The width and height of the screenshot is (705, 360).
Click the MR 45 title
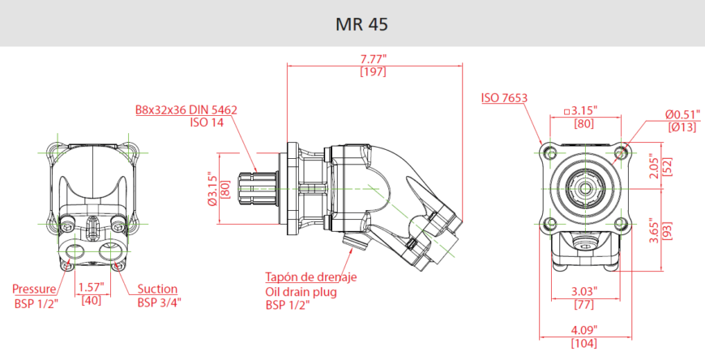(x=361, y=24)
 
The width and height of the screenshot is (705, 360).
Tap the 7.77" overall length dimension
(x=374, y=59)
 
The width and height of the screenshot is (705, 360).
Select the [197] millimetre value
(x=374, y=71)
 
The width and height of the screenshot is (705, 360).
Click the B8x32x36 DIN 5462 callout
(x=186, y=109)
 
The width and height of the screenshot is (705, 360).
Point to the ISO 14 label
(x=207, y=122)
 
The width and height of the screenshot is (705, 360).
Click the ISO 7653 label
(x=504, y=97)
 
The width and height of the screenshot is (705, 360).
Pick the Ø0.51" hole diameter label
(x=683, y=114)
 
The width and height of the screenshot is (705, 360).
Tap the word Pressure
(x=34, y=289)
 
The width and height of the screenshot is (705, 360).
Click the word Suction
(x=157, y=289)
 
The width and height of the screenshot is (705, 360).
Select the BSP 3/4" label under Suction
(x=159, y=302)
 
